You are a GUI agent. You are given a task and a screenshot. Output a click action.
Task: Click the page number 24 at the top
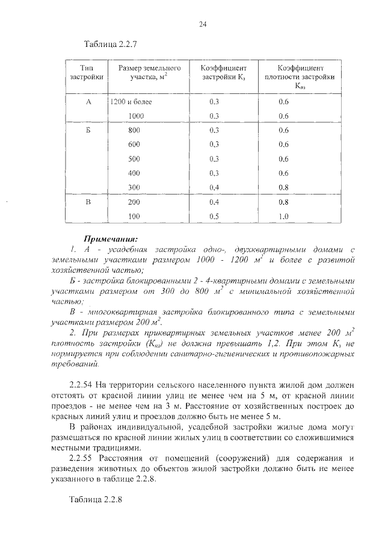click(202, 24)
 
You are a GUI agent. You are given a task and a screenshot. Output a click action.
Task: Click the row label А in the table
click(88, 102)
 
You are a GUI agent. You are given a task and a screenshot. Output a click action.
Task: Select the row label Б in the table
click(88, 131)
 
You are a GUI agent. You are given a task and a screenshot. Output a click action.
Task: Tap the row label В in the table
click(88, 202)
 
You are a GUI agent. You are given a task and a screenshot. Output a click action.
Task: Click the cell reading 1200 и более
click(131, 102)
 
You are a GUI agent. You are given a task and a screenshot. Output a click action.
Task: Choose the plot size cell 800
click(134, 131)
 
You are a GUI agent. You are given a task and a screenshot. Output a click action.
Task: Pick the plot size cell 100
click(134, 216)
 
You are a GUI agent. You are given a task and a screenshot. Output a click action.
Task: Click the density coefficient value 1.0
click(284, 216)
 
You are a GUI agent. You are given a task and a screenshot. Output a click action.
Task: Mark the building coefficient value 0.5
click(214, 216)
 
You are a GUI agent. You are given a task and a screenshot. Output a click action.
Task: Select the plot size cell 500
click(134, 159)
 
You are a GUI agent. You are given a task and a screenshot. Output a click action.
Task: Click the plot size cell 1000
click(136, 116)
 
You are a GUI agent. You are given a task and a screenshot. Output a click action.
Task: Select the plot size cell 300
click(134, 187)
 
